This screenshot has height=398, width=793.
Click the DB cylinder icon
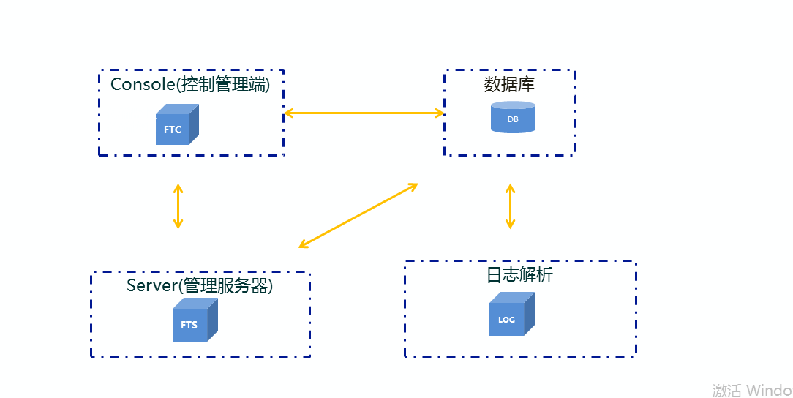[513, 117]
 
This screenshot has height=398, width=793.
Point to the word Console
[142, 85]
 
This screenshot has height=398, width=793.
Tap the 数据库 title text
[510, 85]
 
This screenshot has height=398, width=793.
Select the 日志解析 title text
[520, 275]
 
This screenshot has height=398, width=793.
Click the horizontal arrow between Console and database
[364, 113]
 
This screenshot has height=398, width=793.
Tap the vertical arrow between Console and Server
[178, 206]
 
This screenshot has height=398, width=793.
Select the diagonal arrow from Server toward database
[358, 215]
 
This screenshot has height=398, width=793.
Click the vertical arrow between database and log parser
[510, 206]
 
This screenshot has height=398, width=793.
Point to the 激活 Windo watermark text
[751, 390]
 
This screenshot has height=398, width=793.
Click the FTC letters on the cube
[173, 130]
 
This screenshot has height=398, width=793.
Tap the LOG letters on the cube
[506, 320]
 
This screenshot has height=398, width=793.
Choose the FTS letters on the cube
[189, 325]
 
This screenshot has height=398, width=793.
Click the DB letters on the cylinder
[513, 119]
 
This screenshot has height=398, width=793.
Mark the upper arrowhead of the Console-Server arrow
[178, 188]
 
